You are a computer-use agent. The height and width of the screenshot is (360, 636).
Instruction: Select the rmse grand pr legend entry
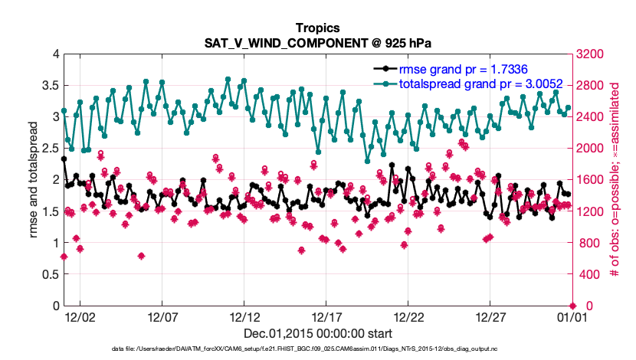tap(468, 69)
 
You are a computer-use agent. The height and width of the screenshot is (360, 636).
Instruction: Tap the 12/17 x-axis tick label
tap(327, 316)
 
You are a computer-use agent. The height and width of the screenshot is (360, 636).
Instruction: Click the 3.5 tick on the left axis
tap(48, 85)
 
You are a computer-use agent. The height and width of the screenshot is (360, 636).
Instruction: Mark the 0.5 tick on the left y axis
tap(48, 274)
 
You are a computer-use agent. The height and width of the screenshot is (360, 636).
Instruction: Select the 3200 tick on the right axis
tap(590, 54)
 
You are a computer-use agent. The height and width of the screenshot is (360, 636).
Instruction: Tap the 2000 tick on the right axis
tap(590, 149)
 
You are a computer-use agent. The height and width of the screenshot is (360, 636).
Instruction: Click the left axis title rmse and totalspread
tap(32, 179)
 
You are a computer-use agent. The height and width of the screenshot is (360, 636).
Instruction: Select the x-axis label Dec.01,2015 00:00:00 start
tap(317, 333)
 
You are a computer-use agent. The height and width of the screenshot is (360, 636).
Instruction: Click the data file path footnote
tap(317, 349)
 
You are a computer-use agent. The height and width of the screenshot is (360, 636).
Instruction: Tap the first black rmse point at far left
tap(64, 159)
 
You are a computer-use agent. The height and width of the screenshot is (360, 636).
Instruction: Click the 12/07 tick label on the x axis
tap(162, 316)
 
